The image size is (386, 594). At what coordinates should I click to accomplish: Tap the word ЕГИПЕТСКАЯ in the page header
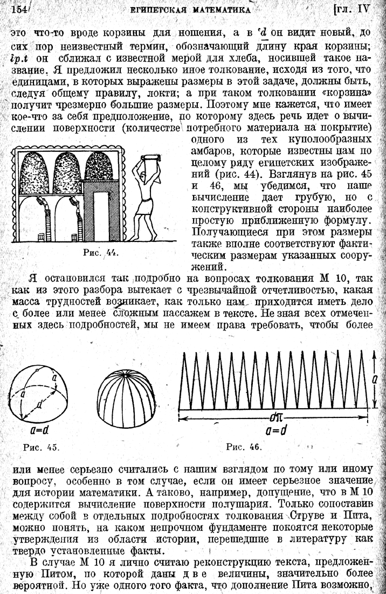coord(171,9)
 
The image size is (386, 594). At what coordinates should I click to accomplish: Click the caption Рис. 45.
coord(39,447)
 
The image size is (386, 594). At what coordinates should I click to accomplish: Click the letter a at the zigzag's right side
coord(374,379)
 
